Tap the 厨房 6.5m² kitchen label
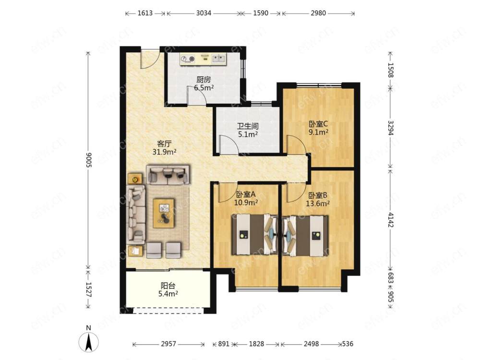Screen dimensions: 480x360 [204, 84]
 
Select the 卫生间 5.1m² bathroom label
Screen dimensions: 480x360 [248, 130]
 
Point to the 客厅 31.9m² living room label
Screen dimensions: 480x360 [164, 147]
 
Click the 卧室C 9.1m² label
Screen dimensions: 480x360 [318, 128]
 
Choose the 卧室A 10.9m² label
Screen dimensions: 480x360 [246, 198]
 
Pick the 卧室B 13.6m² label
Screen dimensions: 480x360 [318, 199]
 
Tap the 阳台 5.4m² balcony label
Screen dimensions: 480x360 [168, 289]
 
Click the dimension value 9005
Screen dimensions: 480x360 [88, 160]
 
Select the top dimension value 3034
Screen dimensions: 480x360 [204, 13]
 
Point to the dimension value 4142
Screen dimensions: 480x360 [391, 219]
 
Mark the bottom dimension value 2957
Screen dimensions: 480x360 [168, 344]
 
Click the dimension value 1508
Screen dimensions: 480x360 [391, 70]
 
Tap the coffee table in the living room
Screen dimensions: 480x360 [164, 213]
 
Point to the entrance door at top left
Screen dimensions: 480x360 [149, 58]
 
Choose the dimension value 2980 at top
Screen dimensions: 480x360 [318, 13]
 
